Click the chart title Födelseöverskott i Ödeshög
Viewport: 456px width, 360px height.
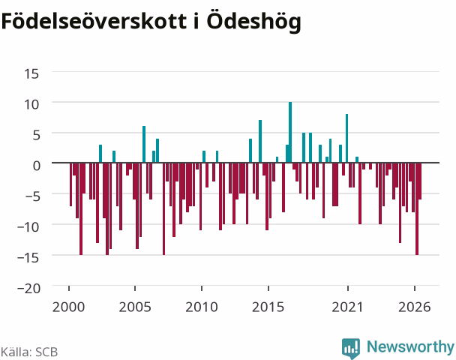151,22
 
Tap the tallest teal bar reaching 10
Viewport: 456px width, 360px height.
290,132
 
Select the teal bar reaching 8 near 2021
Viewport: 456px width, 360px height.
346,139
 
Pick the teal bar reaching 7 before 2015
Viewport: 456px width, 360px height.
260,141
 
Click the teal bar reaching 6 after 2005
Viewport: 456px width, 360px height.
144,145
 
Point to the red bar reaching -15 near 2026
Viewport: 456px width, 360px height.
417,208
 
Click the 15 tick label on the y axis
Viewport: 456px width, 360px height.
31,73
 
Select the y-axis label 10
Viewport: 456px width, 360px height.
31,104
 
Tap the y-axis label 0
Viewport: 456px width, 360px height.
37,166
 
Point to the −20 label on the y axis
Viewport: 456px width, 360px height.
28,288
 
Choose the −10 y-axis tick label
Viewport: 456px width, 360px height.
28,226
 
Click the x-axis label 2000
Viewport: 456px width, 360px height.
69,307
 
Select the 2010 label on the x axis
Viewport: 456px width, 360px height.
202,307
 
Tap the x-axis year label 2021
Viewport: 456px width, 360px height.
347,307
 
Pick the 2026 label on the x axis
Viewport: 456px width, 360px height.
415,307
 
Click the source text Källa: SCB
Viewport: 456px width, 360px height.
29,352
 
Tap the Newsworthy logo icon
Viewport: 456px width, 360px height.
351,348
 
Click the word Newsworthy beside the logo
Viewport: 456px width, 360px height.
410,346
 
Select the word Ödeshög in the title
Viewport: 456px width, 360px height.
254,22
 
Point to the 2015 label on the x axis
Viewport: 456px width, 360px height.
268,307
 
